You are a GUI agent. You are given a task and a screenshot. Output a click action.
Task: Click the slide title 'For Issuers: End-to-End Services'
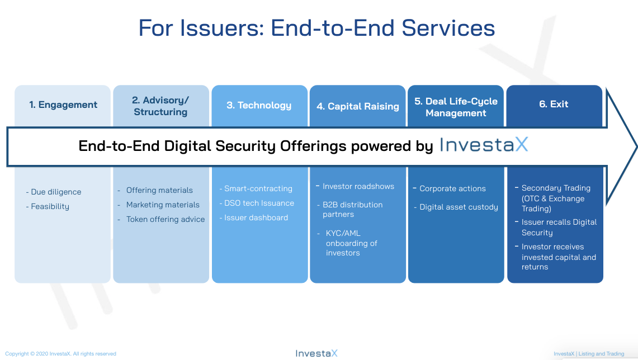tap(316, 28)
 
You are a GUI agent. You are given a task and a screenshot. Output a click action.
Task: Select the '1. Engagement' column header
tap(63, 105)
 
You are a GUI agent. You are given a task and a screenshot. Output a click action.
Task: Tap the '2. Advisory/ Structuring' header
tap(160, 106)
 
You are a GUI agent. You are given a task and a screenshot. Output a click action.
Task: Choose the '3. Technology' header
tap(259, 105)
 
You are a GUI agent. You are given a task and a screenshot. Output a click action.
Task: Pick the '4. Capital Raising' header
tap(358, 106)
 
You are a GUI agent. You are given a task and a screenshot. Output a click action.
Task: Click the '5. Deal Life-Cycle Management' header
tap(456, 107)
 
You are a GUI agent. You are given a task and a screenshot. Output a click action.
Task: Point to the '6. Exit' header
tap(554, 104)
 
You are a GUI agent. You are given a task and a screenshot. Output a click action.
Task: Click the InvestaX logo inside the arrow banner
tap(484, 145)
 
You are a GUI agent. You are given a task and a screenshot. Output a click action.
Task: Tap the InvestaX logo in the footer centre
tap(316, 353)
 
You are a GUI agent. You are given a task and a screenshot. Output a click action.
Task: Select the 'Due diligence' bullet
tap(54, 192)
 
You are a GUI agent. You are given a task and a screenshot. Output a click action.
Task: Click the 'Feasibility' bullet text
tap(48, 207)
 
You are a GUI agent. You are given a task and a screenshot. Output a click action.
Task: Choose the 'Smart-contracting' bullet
tap(256, 189)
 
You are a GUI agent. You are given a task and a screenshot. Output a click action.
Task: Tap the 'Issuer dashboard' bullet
tap(254, 217)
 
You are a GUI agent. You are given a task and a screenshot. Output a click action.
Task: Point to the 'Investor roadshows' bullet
tap(355, 186)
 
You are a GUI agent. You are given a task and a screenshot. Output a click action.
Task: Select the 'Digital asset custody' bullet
tap(456, 207)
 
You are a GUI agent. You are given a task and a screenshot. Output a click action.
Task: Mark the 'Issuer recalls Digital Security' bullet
tap(556, 228)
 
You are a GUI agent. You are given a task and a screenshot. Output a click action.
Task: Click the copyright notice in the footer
tap(60, 354)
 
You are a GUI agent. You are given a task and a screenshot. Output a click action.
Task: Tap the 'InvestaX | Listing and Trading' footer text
tap(589, 354)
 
